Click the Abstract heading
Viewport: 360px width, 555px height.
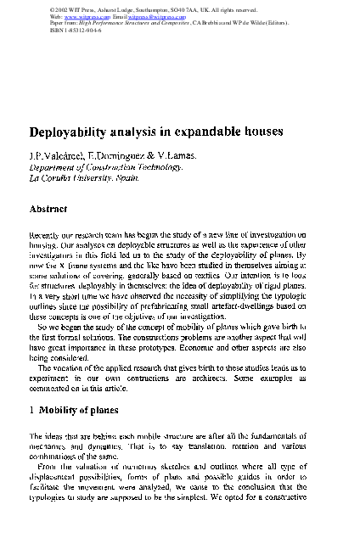pyautogui.click(x=48, y=208)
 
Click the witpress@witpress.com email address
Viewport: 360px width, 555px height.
pyautogui.click(x=169, y=16)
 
